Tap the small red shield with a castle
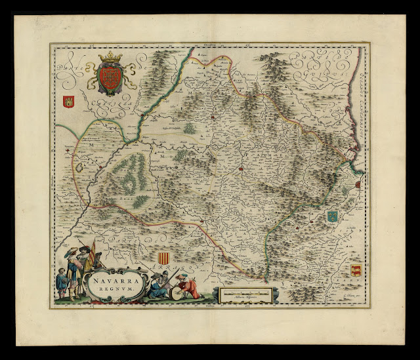click(67, 102)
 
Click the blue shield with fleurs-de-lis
click(332, 216)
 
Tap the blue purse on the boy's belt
click(64, 284)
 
